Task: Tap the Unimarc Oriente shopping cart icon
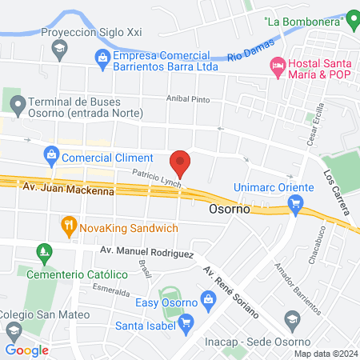(x=296, y=206)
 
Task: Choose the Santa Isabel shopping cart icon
(x=187, y=324)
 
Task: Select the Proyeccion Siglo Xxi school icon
(x=58, y=49)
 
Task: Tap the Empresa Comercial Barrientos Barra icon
(x=102, y=57)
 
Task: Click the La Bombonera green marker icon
(x=354, y=19)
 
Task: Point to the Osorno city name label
(x=230, y=210)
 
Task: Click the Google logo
(x=26, y=350)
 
